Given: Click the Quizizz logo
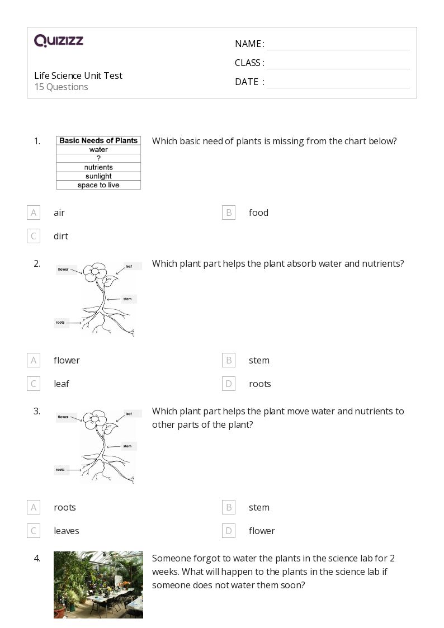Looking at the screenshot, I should tap(59, 41).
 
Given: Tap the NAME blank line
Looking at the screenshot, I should tap(338, 44).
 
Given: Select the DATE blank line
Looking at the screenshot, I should tap(338, 82).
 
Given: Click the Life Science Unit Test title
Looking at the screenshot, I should tap(78, 75).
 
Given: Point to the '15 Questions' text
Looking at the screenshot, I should tap(61, 87).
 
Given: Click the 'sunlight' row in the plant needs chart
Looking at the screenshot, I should tap(98, 176).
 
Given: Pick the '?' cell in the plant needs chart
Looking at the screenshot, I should tap(98, 158).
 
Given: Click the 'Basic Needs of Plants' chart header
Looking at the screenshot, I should tap(98, 141).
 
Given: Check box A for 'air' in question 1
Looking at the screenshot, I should tap(34, 213).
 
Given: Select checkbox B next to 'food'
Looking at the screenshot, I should tap(228, 213).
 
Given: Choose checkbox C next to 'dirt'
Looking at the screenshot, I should tap(34, 236).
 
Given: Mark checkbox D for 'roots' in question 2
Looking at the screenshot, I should tap(228, 384).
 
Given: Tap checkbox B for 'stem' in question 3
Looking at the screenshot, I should tap(228, 507).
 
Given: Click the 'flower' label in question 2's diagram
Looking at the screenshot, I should tap(63, 270).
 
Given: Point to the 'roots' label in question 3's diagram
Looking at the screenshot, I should tap(60, 470).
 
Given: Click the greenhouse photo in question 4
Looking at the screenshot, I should tap(98, 585).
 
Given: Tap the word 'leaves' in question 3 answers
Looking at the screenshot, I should tap(66, 531).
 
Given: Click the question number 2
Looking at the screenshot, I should tap(37, 263).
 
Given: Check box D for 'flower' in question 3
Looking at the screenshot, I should tap(228, 531).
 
